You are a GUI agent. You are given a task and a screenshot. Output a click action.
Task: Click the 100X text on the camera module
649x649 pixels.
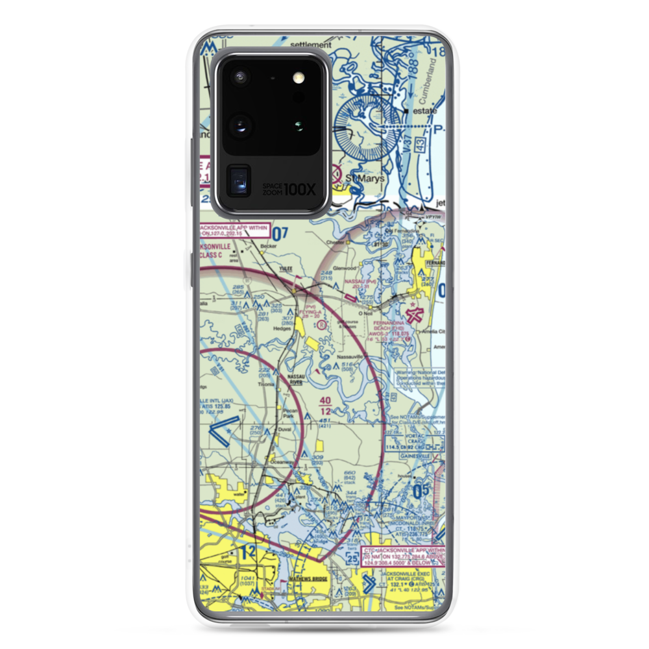pos(303,190)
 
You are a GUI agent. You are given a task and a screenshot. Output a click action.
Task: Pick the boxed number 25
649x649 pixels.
pos(351,557)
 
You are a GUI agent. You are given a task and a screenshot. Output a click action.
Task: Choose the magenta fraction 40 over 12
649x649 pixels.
pos(325,406)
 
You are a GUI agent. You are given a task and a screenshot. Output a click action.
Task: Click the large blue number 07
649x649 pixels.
pos(279,233)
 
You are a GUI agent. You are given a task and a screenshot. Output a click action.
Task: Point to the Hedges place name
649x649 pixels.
pos(282,328)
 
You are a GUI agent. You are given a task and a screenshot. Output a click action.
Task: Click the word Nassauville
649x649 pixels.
pos(354,358)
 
